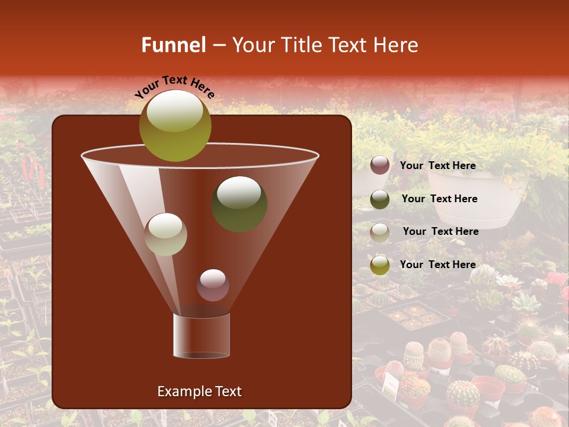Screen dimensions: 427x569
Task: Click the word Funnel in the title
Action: click(x=174, y=45)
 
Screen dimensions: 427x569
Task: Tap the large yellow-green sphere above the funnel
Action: click(x=175, y=125)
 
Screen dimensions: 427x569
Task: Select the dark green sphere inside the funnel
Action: click(x=239, y=204)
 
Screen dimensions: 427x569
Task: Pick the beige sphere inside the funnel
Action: click(x=165, y=234)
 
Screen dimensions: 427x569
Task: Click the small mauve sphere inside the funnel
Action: click(x=213, y=285)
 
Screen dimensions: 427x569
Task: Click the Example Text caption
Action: click(x=199, y=391)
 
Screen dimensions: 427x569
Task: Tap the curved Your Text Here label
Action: click(x=175, y=87)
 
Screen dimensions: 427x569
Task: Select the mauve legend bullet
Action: click(x=380, y=165)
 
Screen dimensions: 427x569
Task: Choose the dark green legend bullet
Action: click(x=380, y=199)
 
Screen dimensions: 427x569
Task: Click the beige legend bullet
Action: click(x=380, y=232)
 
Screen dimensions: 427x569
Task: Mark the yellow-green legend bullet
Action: click(x=380, y=265)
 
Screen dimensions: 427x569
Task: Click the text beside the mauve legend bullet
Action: click(x=437, y=166)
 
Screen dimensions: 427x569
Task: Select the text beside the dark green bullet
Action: click(x=439, y=199)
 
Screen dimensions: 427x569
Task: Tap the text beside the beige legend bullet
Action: click(x=440, y=232)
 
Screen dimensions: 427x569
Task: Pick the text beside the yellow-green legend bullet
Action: click(x=437, y=265)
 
